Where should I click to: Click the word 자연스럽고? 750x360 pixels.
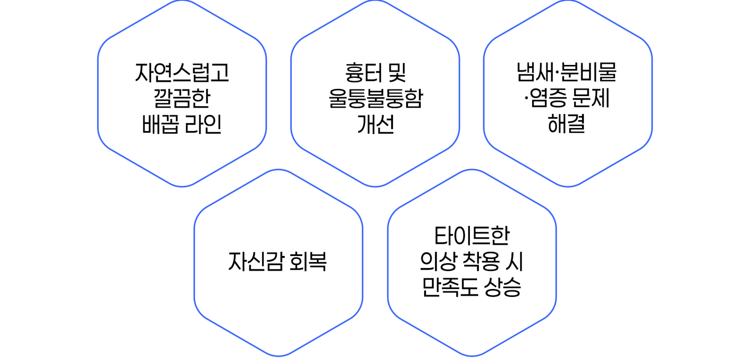(182, 73)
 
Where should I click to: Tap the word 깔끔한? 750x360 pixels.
(182, 99)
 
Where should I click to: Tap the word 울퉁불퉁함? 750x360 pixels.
(375, 99)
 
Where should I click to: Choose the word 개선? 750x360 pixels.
(375, 124)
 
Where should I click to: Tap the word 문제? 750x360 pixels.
(590, 99)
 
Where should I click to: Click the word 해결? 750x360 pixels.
(566, 124)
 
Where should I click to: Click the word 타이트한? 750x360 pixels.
(472, 236)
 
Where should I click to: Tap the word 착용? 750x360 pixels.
(481, 261)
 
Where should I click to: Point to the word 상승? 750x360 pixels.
(502, 287)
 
